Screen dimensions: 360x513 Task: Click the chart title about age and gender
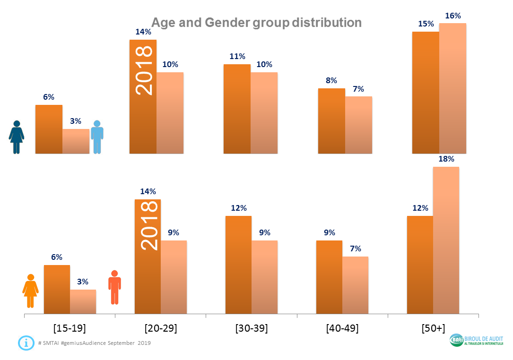point(256,22)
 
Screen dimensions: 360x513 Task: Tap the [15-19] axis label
point(70,328)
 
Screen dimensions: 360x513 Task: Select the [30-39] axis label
point(252,328)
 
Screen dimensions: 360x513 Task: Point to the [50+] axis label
point(433,328)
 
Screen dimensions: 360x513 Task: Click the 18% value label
point(446,159)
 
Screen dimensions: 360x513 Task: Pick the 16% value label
point(453,16)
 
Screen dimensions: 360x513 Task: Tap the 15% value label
point(426,24)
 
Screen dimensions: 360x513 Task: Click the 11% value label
point(237,56)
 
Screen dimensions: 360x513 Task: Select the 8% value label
point(331,80)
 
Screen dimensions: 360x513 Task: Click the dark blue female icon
point(17,137)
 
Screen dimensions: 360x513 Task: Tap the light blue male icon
point(97,137)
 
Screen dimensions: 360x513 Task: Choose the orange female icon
point(31,291)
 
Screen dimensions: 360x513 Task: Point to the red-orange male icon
point(114,287)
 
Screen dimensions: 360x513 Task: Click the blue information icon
point(26,343)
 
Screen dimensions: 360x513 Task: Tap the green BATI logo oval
point(457,340)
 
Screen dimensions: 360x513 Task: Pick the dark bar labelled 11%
point(237,109)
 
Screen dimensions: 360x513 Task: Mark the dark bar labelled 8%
point(331,121)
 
